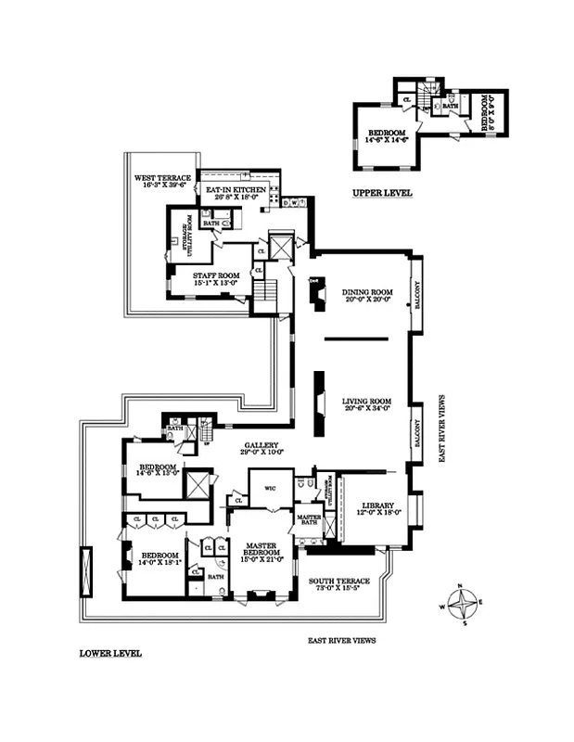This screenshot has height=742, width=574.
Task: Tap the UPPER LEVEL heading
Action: (x=382, y=193)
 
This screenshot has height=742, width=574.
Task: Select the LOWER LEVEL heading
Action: (x=110, y=653)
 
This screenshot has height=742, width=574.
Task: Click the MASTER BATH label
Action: (x=308, y=520)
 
